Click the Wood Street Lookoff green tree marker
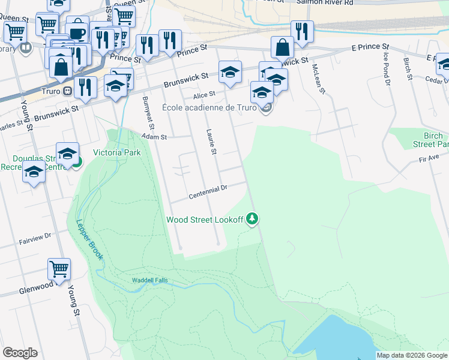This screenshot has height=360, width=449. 253,219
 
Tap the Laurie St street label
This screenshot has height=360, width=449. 211,142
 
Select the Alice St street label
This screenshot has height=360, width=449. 204,94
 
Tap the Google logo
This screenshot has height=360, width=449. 20,353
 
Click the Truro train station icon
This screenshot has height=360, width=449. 68,92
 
